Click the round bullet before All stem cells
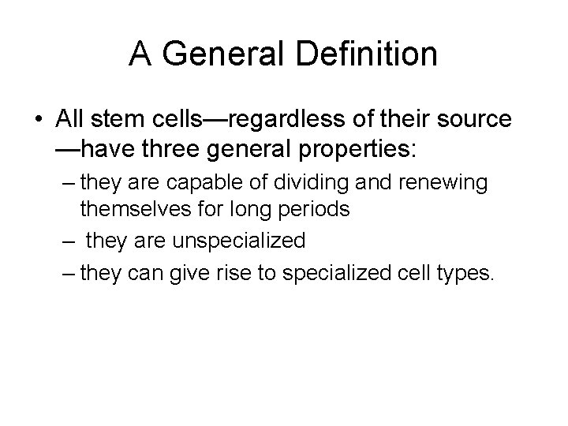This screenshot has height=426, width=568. pos(39,120)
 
